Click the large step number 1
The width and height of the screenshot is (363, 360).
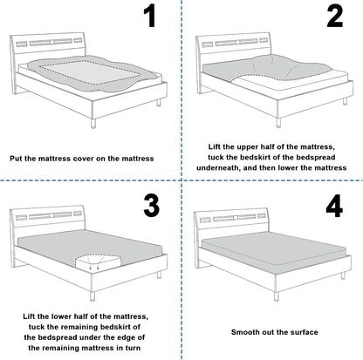point(150,17)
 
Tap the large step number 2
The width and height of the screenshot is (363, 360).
point(335,17)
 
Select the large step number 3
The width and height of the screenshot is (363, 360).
point(152,206)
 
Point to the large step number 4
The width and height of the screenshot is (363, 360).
point(334,207)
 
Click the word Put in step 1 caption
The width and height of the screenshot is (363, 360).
point(17,159)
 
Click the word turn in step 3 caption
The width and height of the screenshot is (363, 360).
point(133,348)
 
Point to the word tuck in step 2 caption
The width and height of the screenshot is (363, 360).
point(216,158)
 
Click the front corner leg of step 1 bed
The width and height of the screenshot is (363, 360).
point(93,123)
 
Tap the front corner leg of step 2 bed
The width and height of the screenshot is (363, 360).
point(278,122)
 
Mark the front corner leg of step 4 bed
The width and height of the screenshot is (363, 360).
point(277,296)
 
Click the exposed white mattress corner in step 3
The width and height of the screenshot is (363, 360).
point(98,262)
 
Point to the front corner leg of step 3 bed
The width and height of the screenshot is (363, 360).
point(92,296)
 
